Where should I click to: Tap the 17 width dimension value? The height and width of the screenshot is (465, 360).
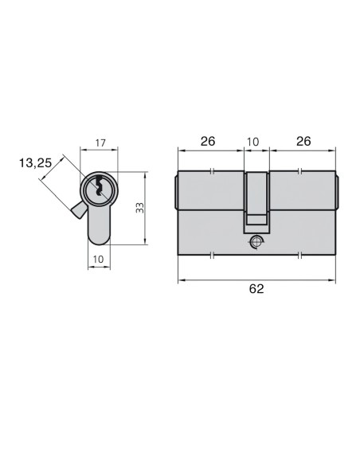100,143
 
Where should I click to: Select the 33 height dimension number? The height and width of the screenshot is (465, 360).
139,209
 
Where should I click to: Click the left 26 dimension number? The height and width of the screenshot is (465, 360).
208,142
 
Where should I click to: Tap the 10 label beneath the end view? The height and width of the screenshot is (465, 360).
99,260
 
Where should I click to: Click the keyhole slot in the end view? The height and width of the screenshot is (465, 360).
100,190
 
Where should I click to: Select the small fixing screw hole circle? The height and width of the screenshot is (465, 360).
256,241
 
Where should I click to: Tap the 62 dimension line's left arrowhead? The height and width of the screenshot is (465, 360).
179,279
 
